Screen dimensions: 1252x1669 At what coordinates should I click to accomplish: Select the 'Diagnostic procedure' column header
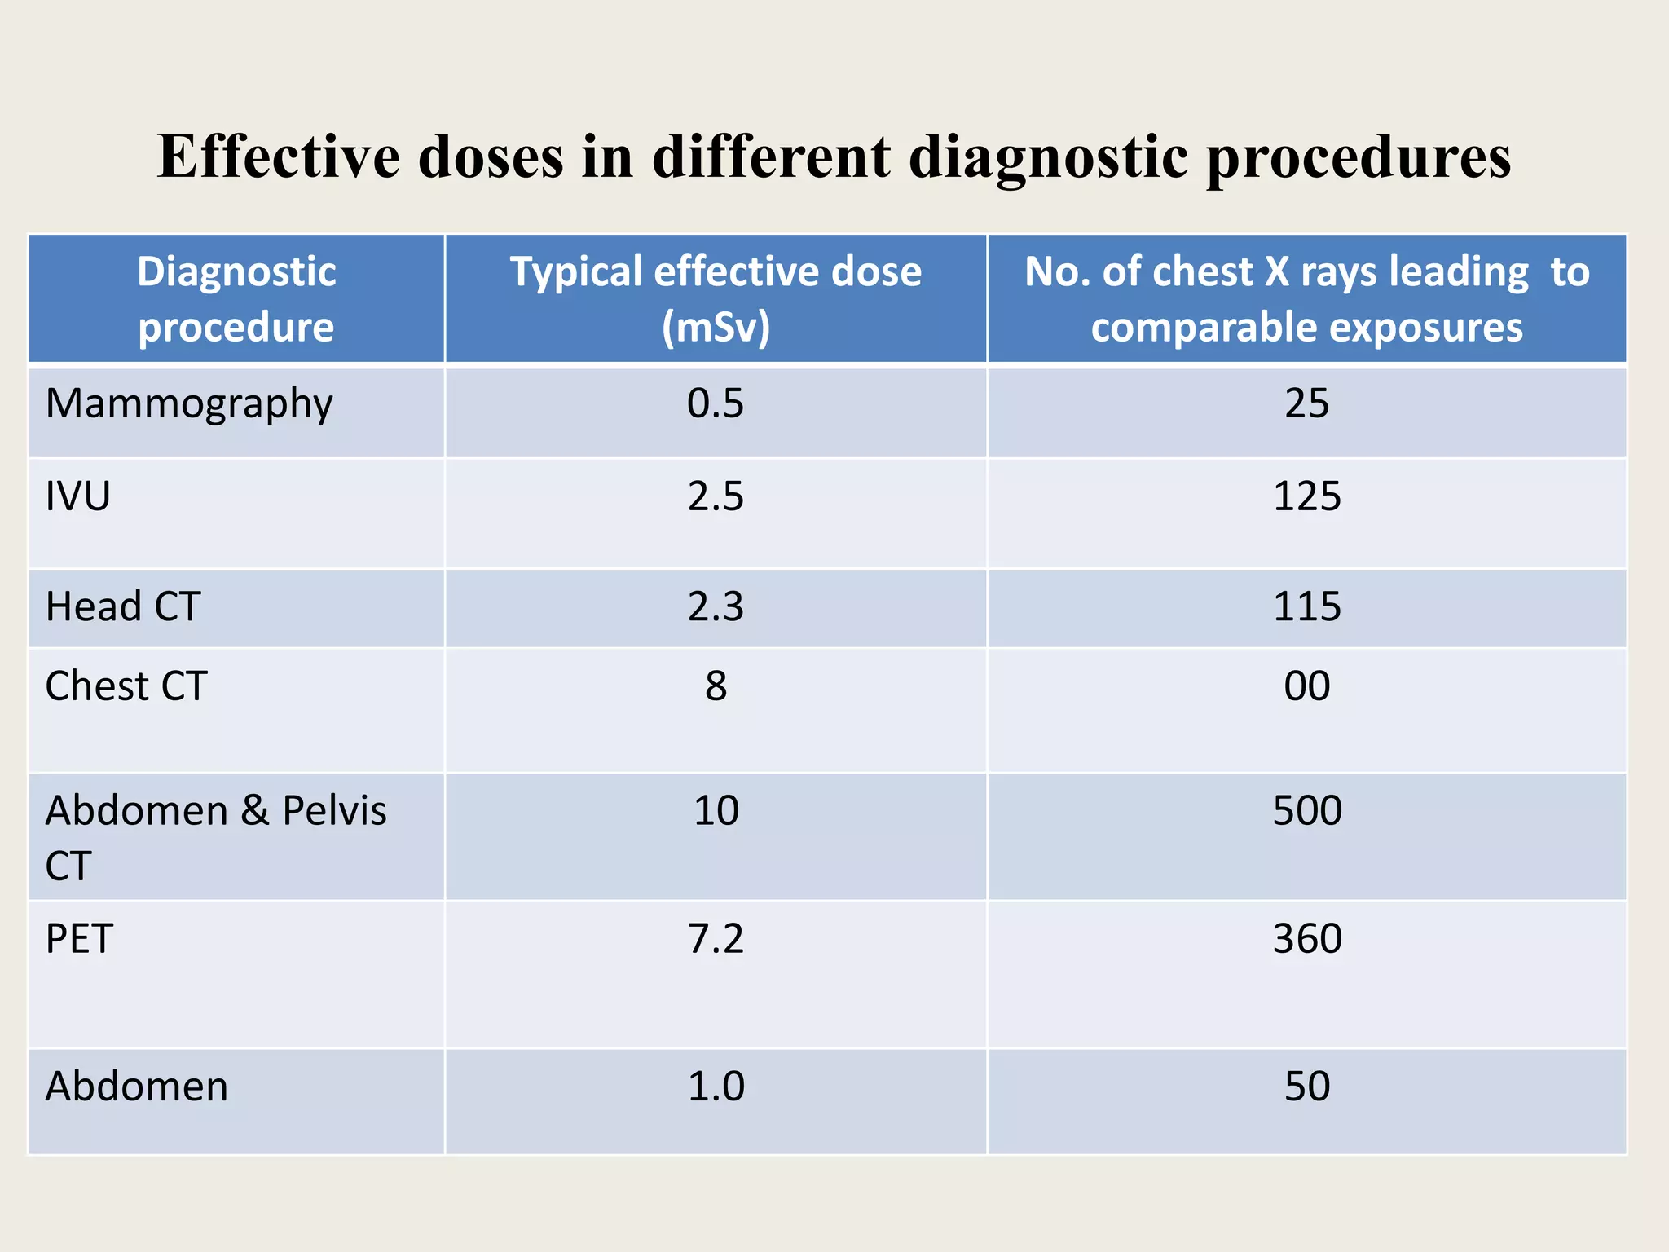point(236,298)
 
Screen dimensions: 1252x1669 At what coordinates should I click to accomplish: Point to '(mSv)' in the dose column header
point(716,327)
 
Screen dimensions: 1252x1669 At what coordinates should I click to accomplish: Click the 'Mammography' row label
point(189,404)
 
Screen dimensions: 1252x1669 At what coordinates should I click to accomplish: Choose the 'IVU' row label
point(78,496)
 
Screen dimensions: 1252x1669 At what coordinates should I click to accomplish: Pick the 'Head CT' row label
point(123,606)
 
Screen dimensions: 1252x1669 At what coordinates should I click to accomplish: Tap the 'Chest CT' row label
point(126,686)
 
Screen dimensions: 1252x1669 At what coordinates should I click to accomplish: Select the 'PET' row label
point(79,938)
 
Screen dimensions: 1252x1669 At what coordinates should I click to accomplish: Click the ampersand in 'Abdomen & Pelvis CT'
point(254,810)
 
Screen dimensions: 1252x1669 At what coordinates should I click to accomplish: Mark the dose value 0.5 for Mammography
point(716,403)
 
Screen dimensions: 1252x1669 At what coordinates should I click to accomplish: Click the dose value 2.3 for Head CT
point(716,606)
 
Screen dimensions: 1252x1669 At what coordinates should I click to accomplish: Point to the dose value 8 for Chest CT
point(716,686)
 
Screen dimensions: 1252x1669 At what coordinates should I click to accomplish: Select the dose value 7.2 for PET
point(716,938)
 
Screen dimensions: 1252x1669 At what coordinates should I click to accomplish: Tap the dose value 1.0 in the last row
point(716,1087)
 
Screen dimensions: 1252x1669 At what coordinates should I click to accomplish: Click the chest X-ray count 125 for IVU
point(1306,496)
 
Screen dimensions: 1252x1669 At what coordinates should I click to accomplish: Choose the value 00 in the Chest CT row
point(1306,686)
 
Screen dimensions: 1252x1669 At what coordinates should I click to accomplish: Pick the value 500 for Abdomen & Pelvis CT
point(1306,810)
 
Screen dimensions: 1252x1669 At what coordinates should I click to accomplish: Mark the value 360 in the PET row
point(1306,938)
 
